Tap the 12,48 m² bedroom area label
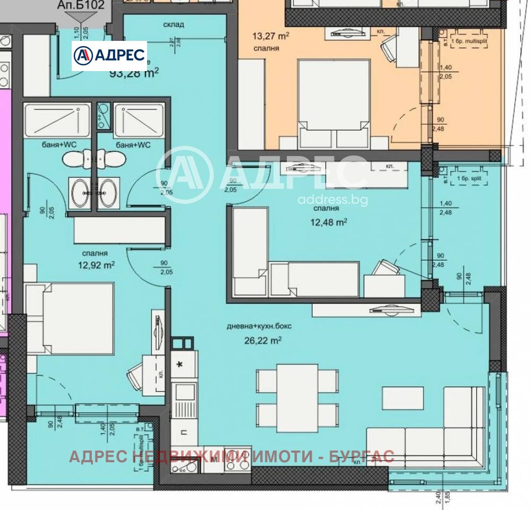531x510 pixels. (x=328, y=222)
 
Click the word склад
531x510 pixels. (x=174, y=24)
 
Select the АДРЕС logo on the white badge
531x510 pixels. (x=109, y=55)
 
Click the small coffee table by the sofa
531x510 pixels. (x=402, y=398)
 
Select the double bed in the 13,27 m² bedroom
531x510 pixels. (x=333, y=103)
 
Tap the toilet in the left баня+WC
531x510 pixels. (x=74, y=159)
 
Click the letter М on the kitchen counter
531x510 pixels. (x=213, y=460)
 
